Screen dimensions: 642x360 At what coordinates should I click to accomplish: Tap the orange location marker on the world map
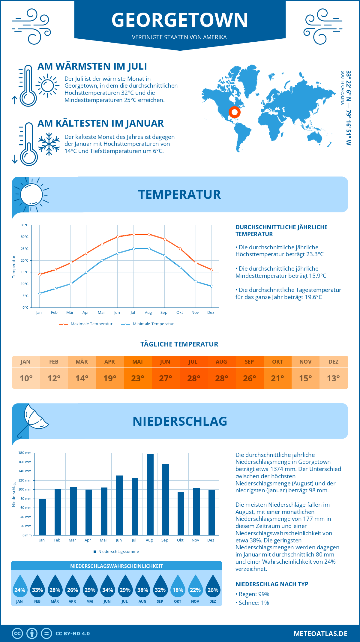point(234,112)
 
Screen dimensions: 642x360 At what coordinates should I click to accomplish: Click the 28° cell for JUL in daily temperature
point(193,378)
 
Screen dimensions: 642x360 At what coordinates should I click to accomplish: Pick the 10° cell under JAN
point(26,378)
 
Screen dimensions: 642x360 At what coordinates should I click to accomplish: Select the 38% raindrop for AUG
point(142,587)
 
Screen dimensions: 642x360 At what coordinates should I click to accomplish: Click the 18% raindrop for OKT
point(178,587)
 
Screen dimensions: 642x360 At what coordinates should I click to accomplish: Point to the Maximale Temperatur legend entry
point(86,324)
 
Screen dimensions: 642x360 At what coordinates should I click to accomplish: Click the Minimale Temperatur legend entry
point(148,324)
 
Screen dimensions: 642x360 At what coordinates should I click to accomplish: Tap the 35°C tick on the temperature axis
point(25,225)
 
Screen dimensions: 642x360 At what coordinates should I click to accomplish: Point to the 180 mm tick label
point(25,453)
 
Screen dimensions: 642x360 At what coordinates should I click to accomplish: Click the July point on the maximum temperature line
point(133,234)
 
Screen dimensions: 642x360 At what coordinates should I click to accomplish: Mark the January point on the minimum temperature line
point(40,293)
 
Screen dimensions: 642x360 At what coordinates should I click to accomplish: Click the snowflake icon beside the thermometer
point(49,144)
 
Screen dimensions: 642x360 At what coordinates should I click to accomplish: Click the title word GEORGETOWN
point(180,20)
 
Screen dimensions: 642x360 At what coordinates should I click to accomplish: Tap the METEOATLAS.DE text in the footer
point(320,634)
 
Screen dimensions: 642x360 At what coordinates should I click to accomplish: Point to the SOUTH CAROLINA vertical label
point(342,88)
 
